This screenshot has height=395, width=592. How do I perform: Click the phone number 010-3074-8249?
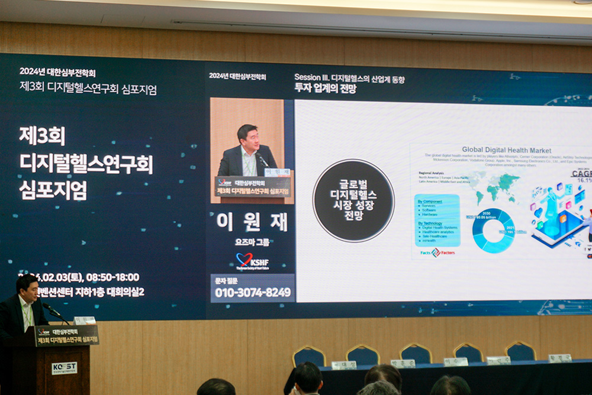[x=252, y=292]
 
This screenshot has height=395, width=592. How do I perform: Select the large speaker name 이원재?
[x=252, y=222]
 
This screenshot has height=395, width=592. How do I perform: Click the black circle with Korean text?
[x=353, y=200]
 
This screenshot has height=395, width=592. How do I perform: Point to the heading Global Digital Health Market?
[x=506, y=150]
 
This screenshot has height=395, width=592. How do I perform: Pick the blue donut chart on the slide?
[x=493, y=230]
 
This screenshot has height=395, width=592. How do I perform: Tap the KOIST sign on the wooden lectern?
[x=64, y=367]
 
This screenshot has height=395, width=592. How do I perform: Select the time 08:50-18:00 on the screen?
[x=112, y=277]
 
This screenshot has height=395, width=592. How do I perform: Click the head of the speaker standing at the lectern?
[x=26, y=287]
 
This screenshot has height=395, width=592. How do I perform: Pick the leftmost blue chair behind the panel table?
[x=309, y=356]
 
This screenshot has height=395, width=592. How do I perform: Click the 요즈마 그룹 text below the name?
[x=252, y=242]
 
